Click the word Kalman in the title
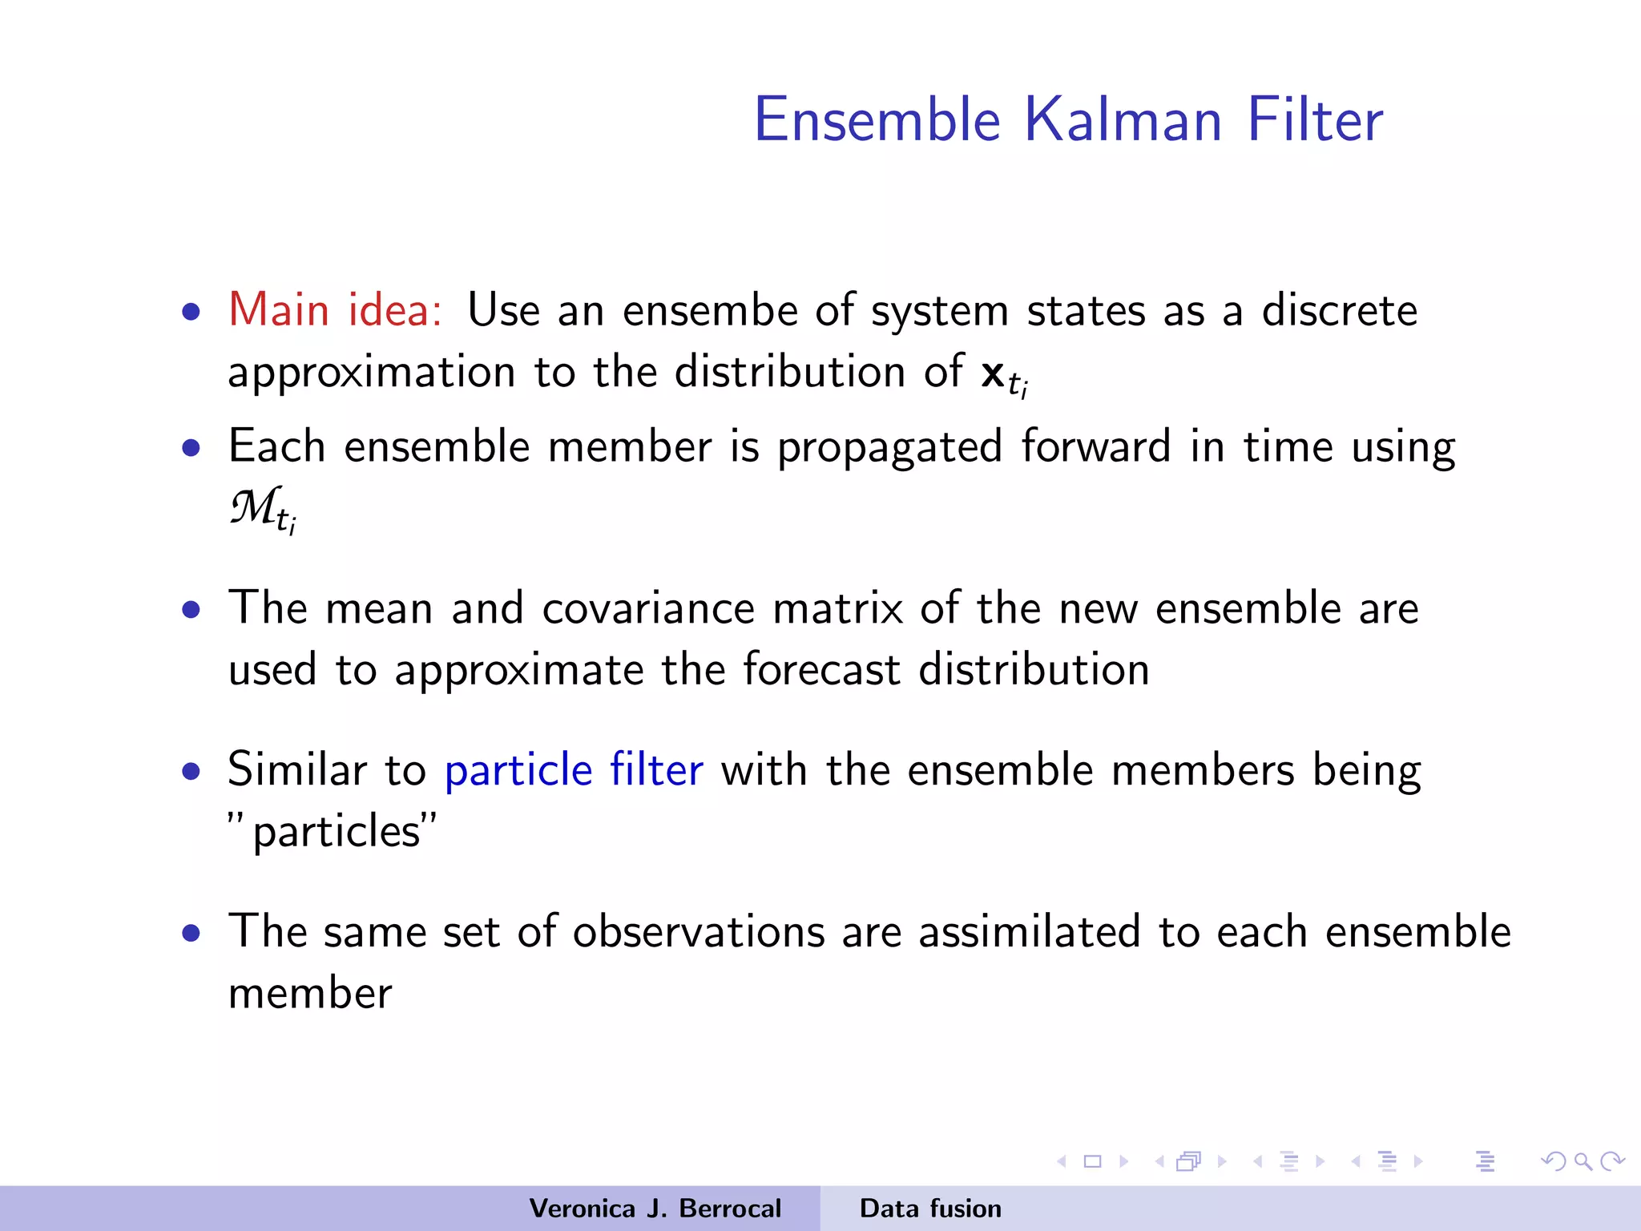pos(1123,120)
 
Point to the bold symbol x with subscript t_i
pos(1002,375)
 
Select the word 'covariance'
pos(648,608)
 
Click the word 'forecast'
pos(820,669)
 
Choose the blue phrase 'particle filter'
pos(574,771)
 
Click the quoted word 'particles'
pos(333,832)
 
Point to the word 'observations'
pos(699,932)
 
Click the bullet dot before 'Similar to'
pos(191,772)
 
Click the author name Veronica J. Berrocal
pos(655,1209)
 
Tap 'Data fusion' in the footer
pos(930,1209)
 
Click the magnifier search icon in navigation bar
pos(1583,1161)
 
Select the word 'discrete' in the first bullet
pos(1339,311)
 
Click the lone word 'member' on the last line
pos(310,994)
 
